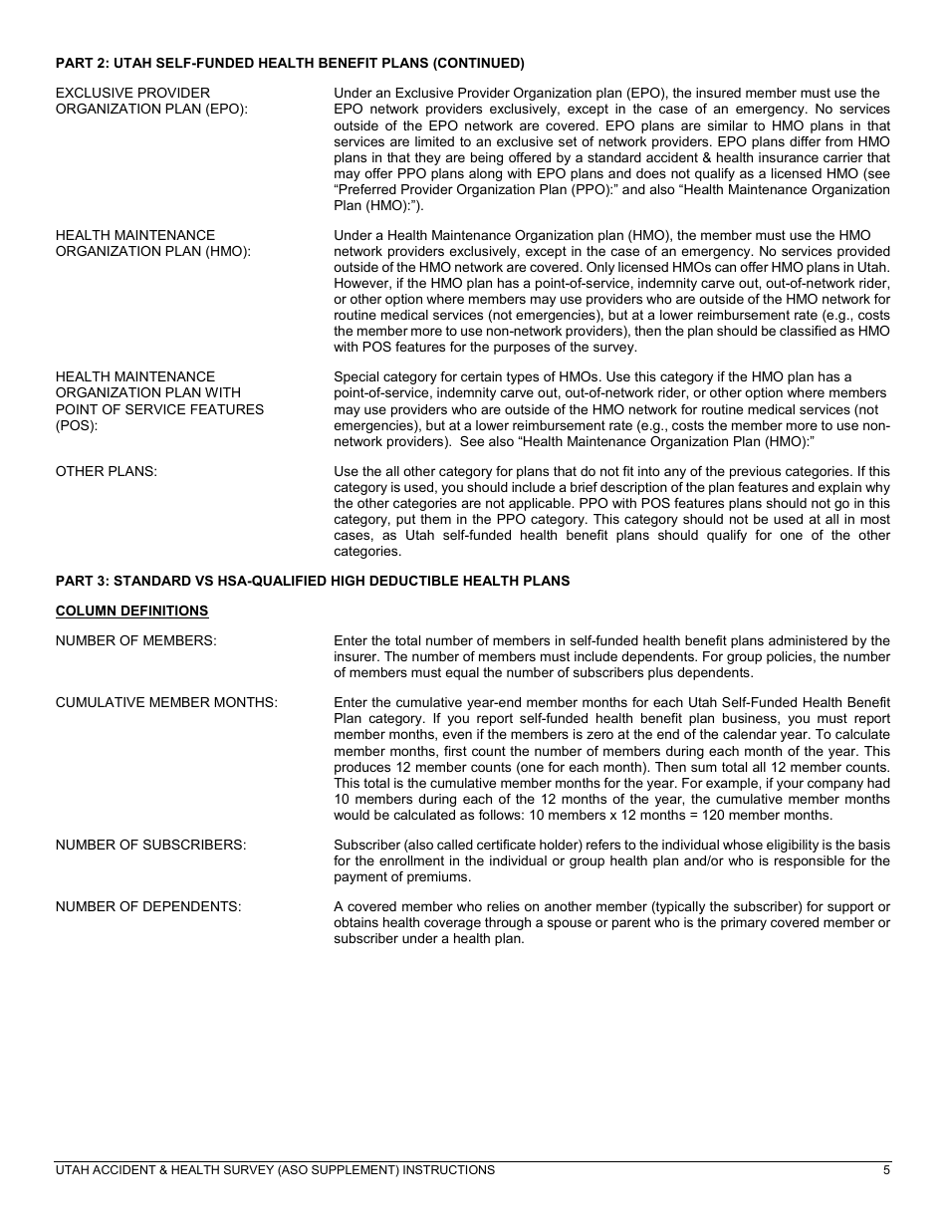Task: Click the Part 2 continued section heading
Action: (290, 63)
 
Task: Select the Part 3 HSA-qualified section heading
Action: (312, 581)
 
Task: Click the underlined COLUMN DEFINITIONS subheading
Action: (131, 611)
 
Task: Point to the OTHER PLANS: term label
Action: (106, 471)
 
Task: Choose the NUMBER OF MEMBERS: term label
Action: (135, 640)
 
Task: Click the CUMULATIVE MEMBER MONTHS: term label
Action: (166, 702)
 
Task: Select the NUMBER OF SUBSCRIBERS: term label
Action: (150, 845)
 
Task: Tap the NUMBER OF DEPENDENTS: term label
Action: (148, 906)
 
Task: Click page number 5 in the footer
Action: (885, 1170)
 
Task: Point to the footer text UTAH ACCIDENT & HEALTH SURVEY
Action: (275, 1170)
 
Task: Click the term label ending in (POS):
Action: (159, 401)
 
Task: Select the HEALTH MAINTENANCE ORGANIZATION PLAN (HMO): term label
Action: (152, 243)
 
